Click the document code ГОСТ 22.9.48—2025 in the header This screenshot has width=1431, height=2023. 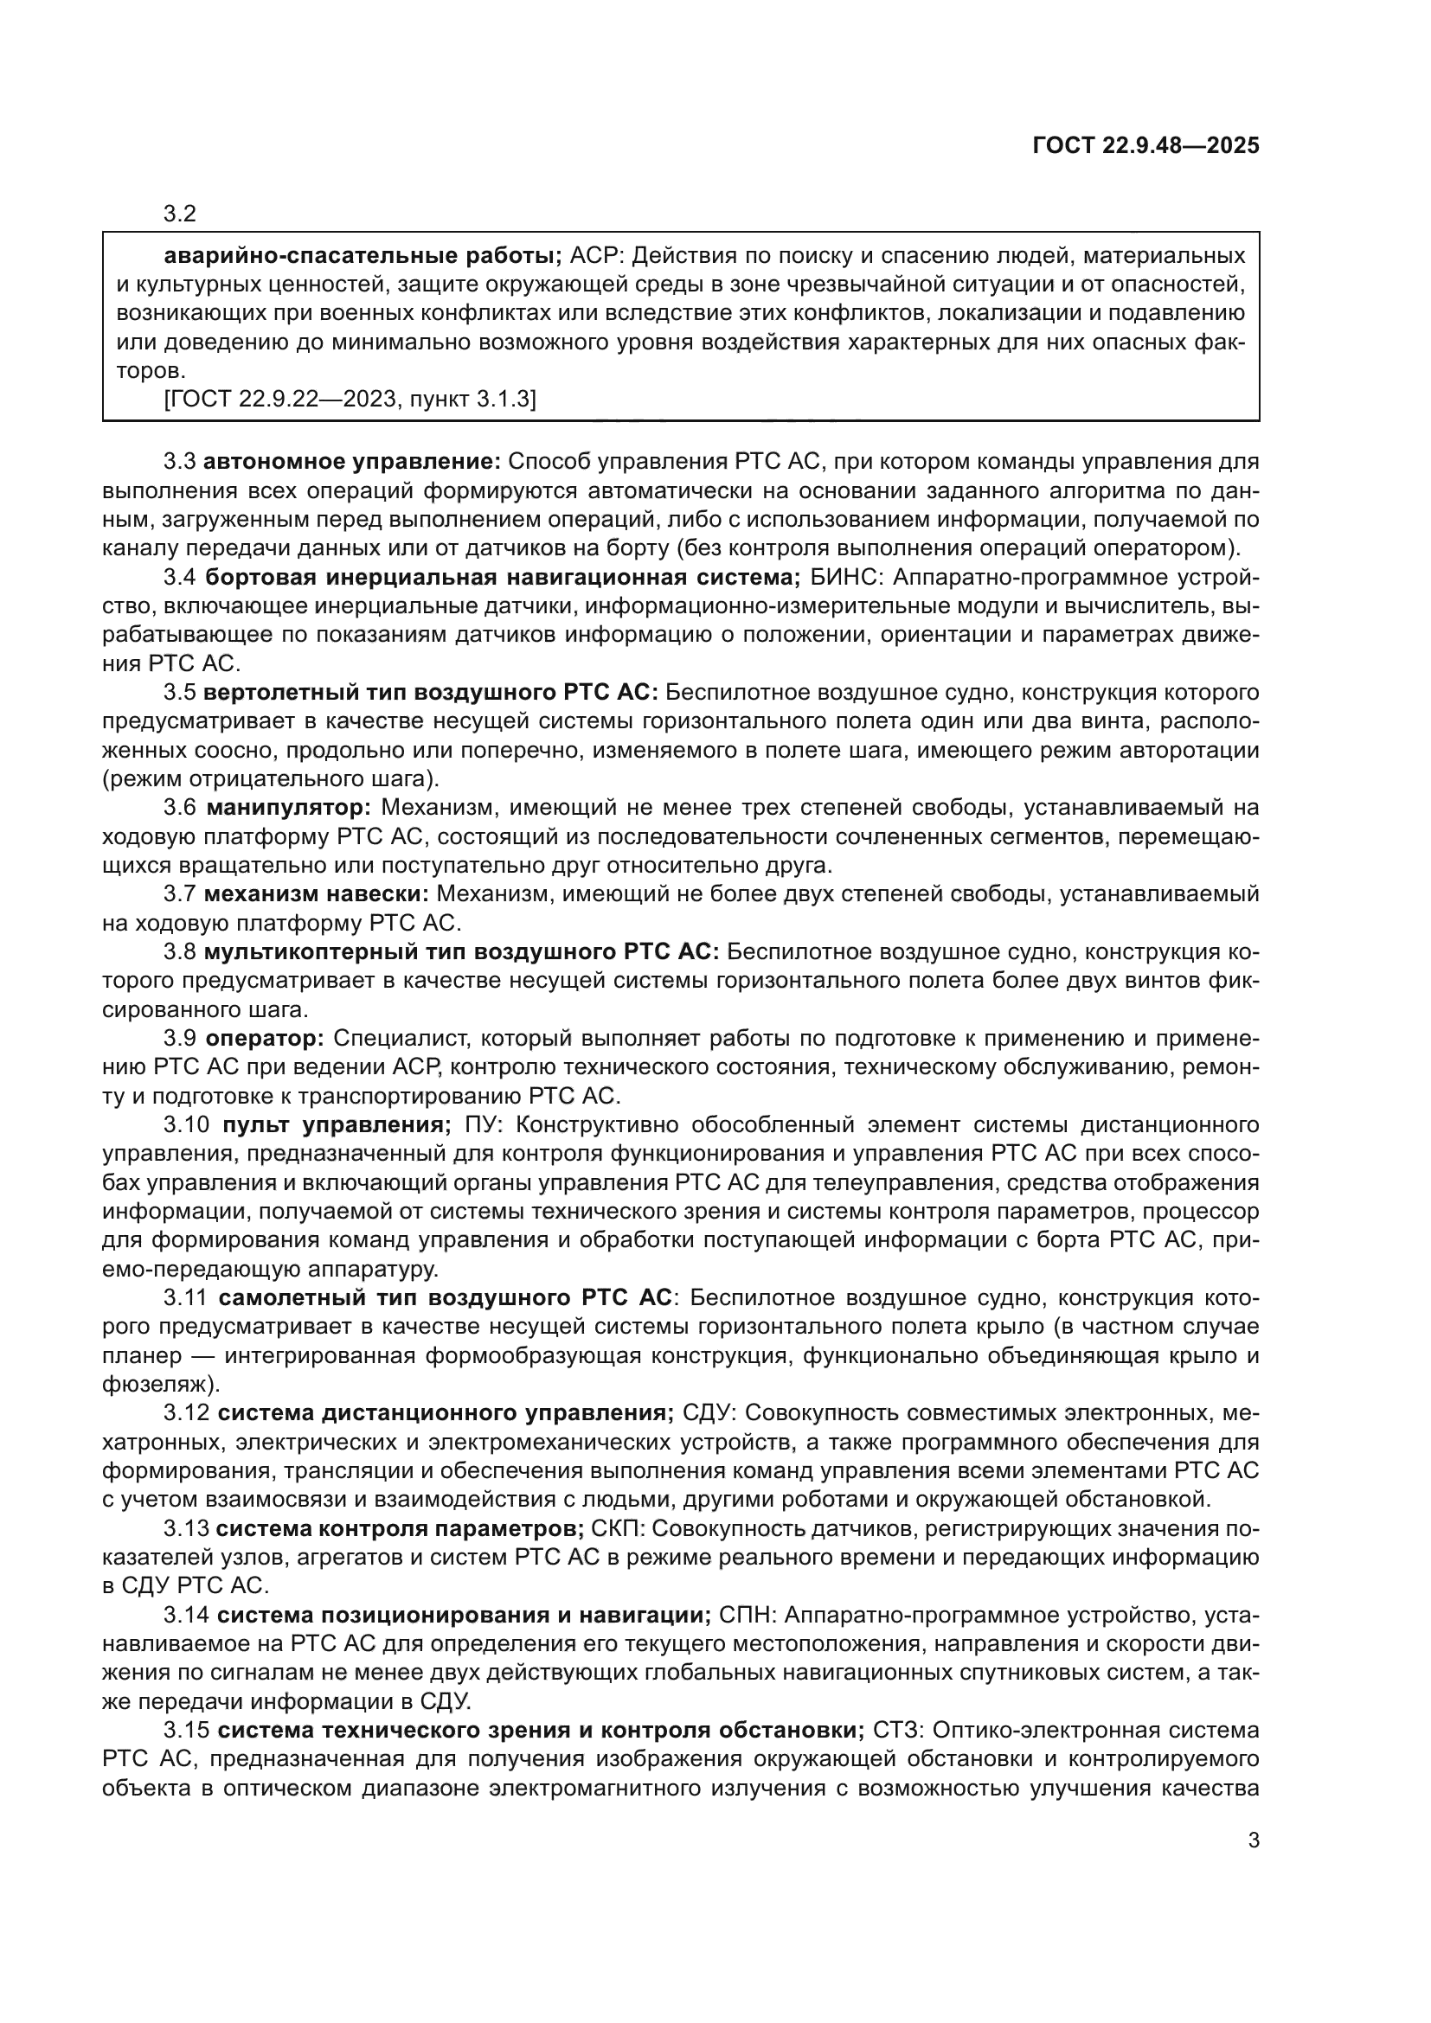click(1145, 146)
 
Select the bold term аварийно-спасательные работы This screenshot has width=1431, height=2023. click(363, 256)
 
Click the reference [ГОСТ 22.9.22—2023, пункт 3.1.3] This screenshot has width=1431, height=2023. click(350, 399)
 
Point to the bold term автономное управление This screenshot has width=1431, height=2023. click(352, 462)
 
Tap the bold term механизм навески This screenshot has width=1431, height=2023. click(317, 893)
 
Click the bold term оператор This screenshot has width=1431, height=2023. click(266, 1038)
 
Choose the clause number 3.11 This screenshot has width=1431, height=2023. click(186, 1298)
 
